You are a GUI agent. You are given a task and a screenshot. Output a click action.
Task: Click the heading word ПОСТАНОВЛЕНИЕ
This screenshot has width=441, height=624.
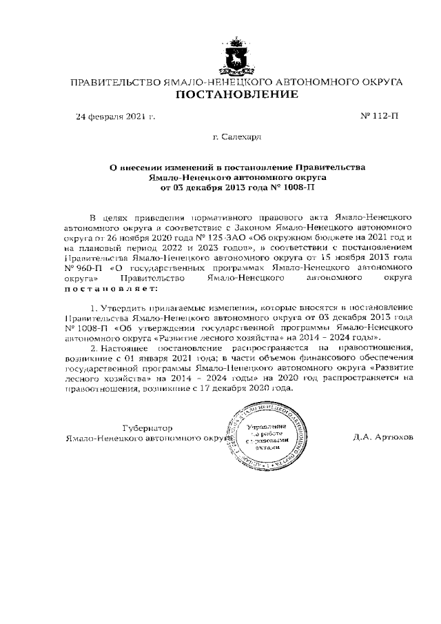click(x=238, y=95)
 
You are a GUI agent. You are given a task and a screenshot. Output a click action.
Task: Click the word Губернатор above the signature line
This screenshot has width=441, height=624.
click(x=147, y=427)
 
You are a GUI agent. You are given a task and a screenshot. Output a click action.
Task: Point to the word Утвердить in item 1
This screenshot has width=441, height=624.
click(x=125, y=306)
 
